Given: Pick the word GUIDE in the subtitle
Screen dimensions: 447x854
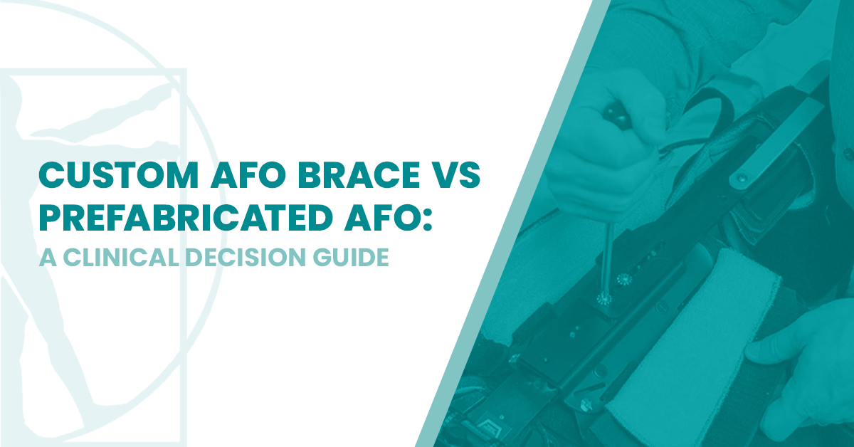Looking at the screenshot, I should click(355, 258).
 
